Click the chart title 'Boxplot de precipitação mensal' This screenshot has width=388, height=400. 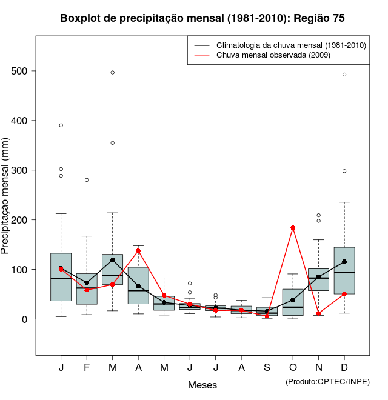pos(202,19)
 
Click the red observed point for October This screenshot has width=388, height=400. pos(293,228)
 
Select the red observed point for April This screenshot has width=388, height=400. pos(138,251)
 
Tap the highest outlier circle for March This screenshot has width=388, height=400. pos(113,73)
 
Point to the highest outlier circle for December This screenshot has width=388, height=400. pos(344,75)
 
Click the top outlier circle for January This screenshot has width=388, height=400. pos(61,125)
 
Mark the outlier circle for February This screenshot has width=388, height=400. pos(87,180)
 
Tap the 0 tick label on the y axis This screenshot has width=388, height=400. pos(26,319)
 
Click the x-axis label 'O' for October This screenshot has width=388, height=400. pos(293,368)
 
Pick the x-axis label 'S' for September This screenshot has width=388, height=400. pos(267,368)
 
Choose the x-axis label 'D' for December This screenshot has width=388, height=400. pos(344,368)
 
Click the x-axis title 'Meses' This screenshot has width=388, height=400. pos(202,385)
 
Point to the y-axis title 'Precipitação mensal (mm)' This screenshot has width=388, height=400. pos(6,204)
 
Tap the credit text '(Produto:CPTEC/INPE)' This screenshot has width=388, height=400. pos(327,381)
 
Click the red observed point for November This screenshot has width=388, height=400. pos(319,313)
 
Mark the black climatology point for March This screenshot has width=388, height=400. pos(113,260)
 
